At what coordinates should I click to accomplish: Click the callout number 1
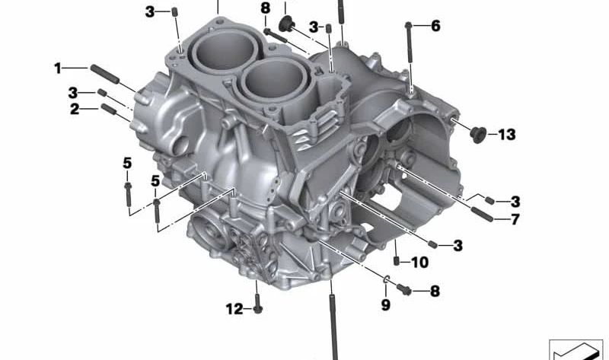pos(58,68)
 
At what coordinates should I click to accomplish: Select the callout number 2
pos(75,109)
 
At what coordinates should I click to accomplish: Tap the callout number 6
pos(435,26)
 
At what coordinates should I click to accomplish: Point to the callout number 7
pos(515,220)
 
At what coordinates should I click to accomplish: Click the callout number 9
pos(385,304)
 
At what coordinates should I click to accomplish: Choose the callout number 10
pos(420,263)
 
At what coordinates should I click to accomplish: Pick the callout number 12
pos(234,309)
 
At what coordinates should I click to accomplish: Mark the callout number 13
pos(507,135)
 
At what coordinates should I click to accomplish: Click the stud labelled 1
pos(104,74)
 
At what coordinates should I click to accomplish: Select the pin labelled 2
pos(109,109)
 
